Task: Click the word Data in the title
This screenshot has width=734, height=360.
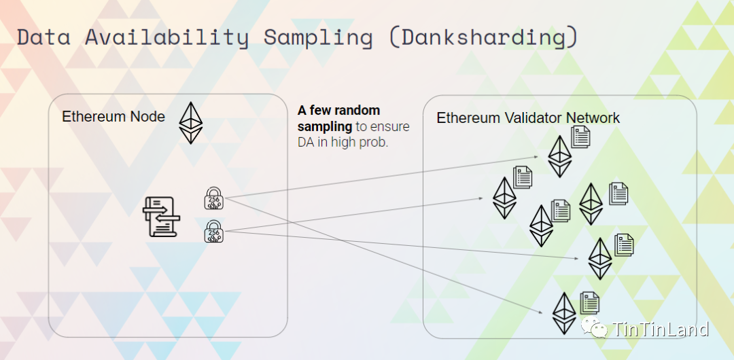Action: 43,37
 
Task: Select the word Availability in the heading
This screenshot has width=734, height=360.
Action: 166,37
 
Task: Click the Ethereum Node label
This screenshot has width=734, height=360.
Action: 113,117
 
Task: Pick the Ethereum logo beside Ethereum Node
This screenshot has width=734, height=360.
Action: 191,122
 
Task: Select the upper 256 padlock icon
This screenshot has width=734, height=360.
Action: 214,198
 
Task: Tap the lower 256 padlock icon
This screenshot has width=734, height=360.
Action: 214,231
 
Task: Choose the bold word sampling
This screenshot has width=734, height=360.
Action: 324,126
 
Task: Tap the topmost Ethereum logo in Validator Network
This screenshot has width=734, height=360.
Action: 560,156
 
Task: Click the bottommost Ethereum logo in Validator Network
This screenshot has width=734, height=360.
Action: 563,312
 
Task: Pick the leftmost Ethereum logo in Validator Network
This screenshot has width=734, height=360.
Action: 504,198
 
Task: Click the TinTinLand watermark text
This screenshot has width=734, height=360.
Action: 661,330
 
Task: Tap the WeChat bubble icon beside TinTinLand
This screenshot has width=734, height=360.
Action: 599,329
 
